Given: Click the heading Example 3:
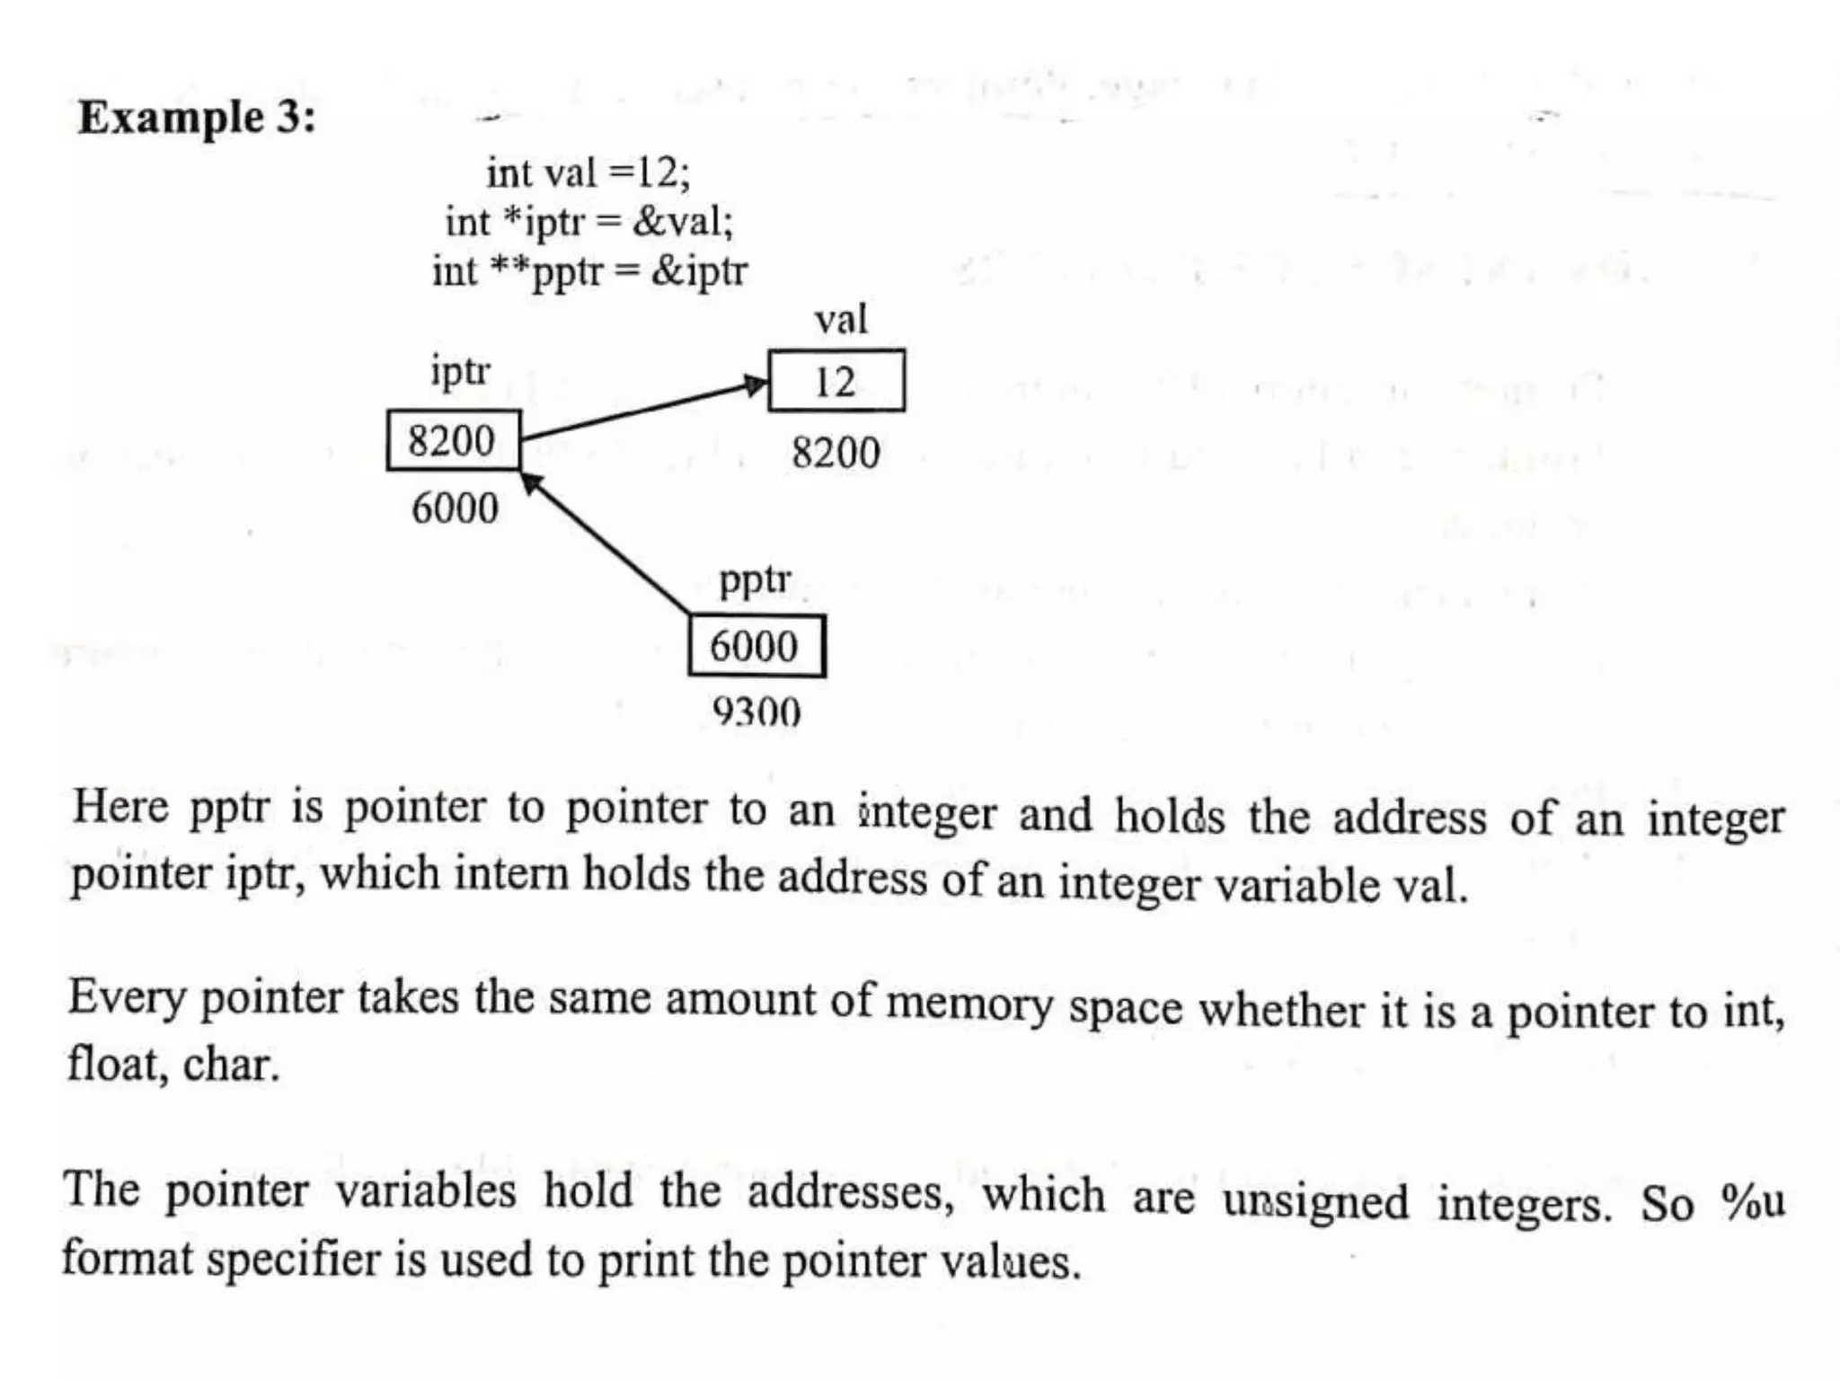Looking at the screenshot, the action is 197,118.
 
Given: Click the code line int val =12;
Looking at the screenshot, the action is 588,172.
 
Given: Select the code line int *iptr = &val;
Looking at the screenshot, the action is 589,222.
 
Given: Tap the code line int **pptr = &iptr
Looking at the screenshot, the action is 589,271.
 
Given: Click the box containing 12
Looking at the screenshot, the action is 836,381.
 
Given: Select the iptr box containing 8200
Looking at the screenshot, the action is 453,440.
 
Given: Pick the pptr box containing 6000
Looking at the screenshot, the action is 756,646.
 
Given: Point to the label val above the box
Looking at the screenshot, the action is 841,320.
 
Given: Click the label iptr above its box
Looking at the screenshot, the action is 460,371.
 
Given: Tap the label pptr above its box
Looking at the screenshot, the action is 755,580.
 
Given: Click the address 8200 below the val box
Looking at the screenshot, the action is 836,453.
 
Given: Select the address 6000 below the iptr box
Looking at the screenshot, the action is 455,509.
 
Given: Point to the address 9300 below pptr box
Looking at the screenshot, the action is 756,712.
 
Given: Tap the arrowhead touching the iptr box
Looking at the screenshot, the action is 532,482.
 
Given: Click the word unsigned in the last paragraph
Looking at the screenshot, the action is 1314,1202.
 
